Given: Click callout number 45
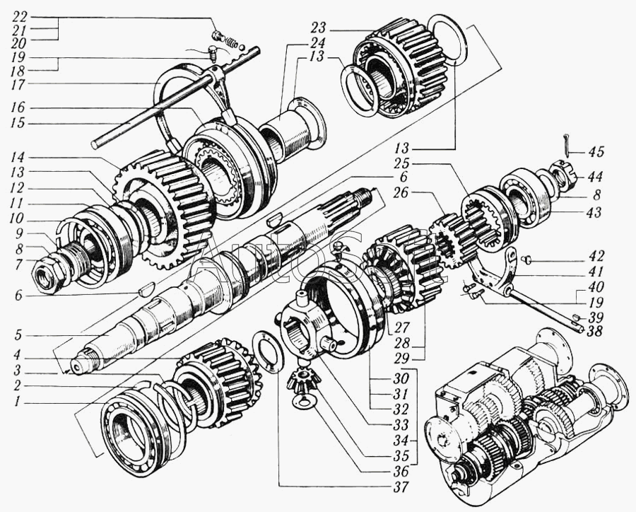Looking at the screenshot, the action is [595, 152].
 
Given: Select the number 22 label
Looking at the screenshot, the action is [20, 17].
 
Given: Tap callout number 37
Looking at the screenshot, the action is [401, 487].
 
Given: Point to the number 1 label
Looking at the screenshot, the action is [17, 402].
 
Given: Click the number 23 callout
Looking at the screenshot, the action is [319, 28].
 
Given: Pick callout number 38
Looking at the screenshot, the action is [594, 332].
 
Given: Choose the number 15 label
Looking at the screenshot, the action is [18, 123].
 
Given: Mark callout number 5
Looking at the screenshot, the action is [17, 336].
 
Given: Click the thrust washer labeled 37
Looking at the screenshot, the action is [267, 351].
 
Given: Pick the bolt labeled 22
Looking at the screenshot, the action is [218, 36].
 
